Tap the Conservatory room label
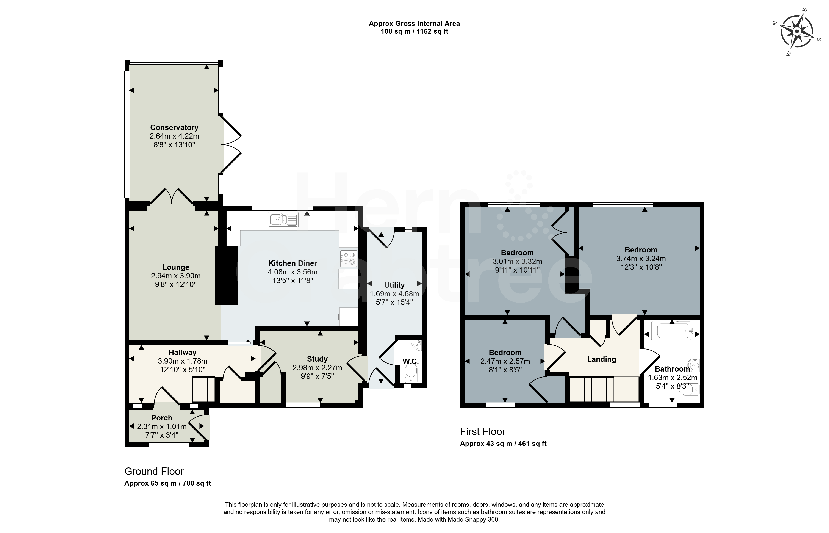coord(174,127)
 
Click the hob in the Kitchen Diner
coord(348,258)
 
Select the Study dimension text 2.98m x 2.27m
coord(317,368)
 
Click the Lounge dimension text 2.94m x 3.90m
coord(176,276)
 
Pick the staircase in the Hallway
coord(203,389)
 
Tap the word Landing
coord(601,359)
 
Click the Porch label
coord(162,418)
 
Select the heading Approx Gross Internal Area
coord(414,24)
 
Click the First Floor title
coord(483,432)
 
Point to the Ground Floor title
coord(154,471)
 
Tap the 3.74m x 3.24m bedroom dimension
coord(641,259)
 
